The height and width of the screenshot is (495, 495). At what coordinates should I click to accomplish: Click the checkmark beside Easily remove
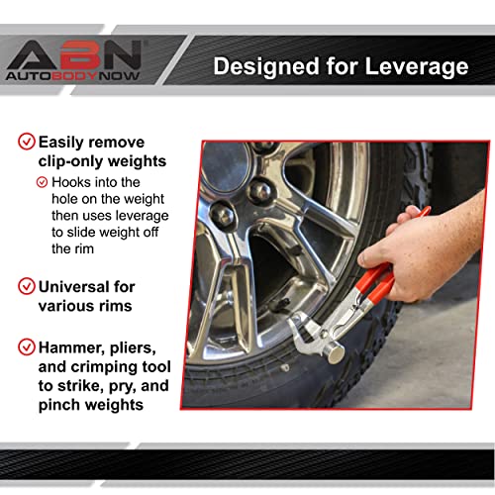[x=27, y=142]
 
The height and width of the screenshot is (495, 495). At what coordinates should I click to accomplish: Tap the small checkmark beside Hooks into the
[x=42, y=182]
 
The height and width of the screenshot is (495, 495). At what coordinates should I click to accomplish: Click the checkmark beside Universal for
[x=27, y=286]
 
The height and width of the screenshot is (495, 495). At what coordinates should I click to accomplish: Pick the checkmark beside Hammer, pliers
[x=27, y=346]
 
